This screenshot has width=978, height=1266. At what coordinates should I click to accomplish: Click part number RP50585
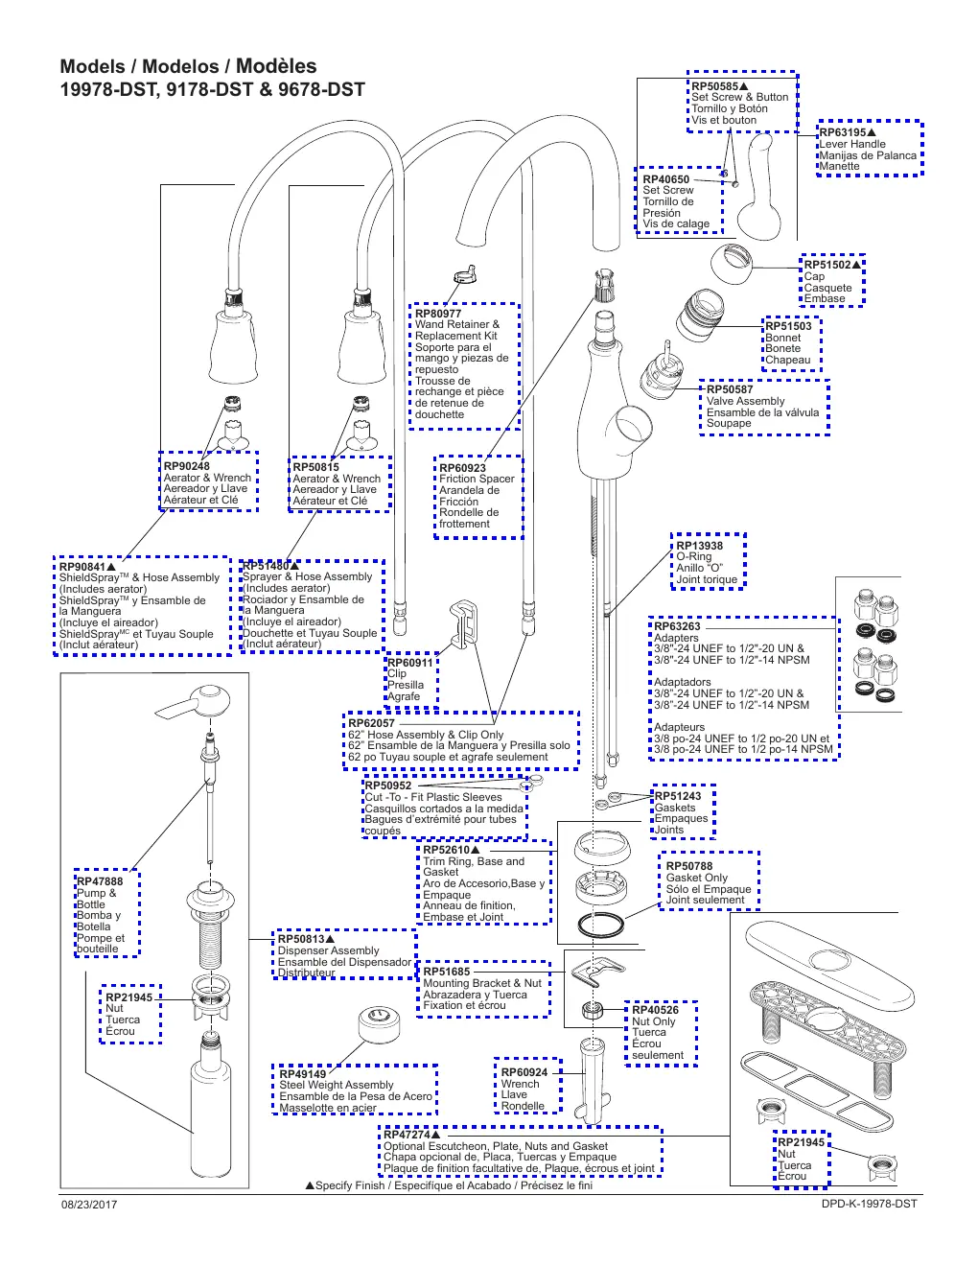(x=714, y=87)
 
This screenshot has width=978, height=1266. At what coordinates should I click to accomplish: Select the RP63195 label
(x=843, y=132)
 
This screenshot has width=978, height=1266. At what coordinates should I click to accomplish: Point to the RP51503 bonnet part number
(x=788, y=326)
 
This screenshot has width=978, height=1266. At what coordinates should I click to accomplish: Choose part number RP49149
(x=302, y=1074)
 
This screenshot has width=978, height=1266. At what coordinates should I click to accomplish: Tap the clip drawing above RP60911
(x=464, y=622)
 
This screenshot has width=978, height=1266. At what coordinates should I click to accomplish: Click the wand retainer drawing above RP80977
(x=464, y=274)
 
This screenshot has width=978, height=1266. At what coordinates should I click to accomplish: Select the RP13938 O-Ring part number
(x=699, y=546)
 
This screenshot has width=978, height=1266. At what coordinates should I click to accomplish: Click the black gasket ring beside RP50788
(x=600, y=925)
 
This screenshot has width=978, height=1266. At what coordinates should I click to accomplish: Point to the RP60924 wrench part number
(x=524, y=1072)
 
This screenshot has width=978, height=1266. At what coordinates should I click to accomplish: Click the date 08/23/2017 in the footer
(x=89, y=1205)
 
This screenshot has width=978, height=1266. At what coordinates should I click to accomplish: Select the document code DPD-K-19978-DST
(x=869, y=1204)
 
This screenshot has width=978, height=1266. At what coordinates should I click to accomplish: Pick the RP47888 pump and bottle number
(x=100, y=881)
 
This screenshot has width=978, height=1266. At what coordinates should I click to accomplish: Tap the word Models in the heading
(x=93, y=66)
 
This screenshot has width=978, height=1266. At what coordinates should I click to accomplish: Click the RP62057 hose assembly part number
(x=371, y=723)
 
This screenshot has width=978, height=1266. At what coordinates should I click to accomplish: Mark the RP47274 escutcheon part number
(x=407, y=1135)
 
